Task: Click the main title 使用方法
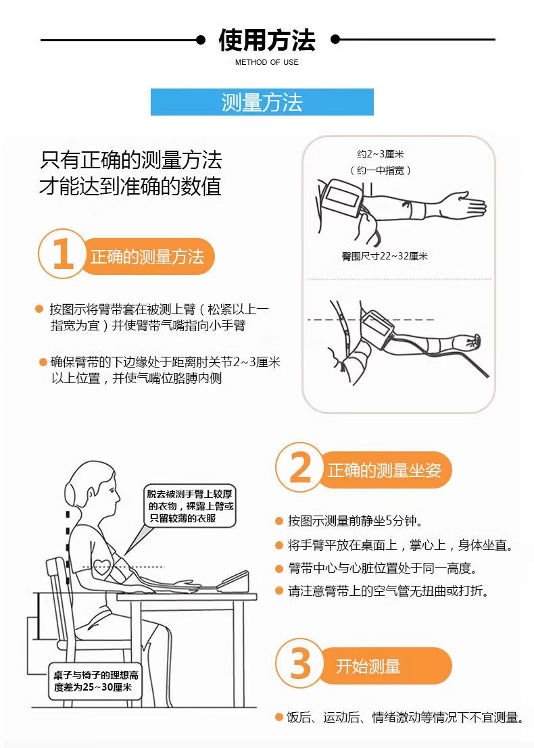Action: click(267, 40)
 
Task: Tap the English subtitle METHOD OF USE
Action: click(267, 62)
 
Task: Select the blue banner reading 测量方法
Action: click(262, 102)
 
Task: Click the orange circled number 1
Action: click(62, 254)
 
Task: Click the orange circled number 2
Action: click(300, 468)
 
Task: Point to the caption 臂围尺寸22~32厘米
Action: click(385, 256)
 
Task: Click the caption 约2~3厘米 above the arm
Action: click(381, 154)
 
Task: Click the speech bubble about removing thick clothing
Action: click(191, 507)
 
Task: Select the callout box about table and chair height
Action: click(95, 681)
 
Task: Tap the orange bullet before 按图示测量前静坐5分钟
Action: click(279, 521)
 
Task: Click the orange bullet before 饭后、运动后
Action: click(279, 717)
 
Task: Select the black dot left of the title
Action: click(201, 40)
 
